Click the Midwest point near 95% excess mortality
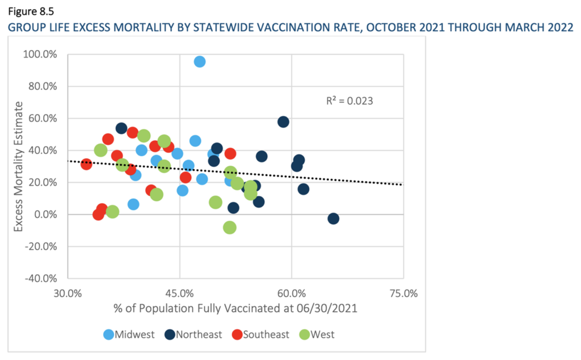click(x=200, y=61)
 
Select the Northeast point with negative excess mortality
click(x=333, y=219)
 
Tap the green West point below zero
click(x=230, y=228)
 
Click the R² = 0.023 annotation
click(x=350, y=101)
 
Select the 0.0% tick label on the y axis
click(x=49, y=215)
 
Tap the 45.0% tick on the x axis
click(x=179, y=294)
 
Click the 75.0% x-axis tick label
click(x=403, y=294)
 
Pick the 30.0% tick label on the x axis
click(x=68, y=294)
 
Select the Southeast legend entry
click(x=259, y=334)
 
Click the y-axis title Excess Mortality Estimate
click(x=19, y=167)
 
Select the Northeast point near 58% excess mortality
click(x=283, y=122)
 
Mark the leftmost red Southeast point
click(x=86, y=164)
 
